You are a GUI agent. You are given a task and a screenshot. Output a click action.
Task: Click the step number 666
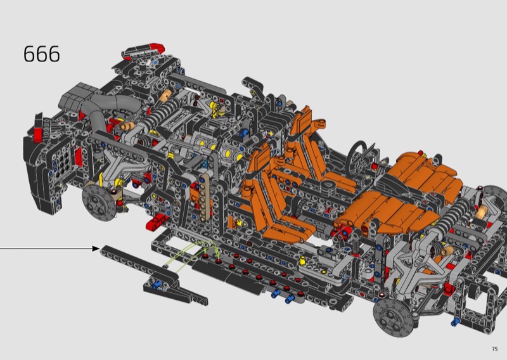42,54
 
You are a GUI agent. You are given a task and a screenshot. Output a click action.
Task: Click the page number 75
494,349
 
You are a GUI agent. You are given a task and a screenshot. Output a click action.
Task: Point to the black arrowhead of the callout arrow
96,248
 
